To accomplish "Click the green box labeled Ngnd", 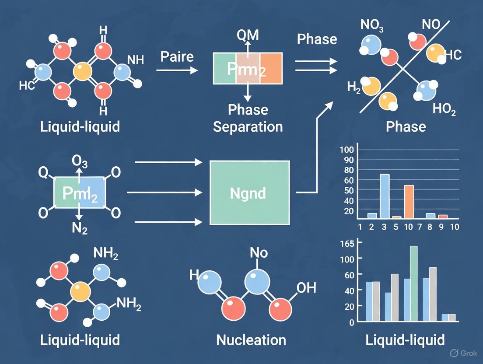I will click(x=250, y=193).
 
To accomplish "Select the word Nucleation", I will click(x=251, y=340).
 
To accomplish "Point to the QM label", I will click(x=248, y=35).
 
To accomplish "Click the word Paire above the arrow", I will click(x=177, y=56).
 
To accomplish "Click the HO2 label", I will click(x=444, y=109).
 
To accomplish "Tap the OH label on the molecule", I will click(x=306, y=288).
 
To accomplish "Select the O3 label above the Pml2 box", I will click(x=80, y=162).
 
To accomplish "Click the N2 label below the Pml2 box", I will click(x=79, y=227).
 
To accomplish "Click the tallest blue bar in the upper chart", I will click(x=385, y=196).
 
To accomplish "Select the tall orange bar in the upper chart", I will click(x=409, y=201).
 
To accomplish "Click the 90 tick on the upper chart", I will click(x=348, y=159).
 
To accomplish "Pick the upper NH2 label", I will click(x=106, y=253).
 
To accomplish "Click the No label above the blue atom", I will click(x=259, y=253).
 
